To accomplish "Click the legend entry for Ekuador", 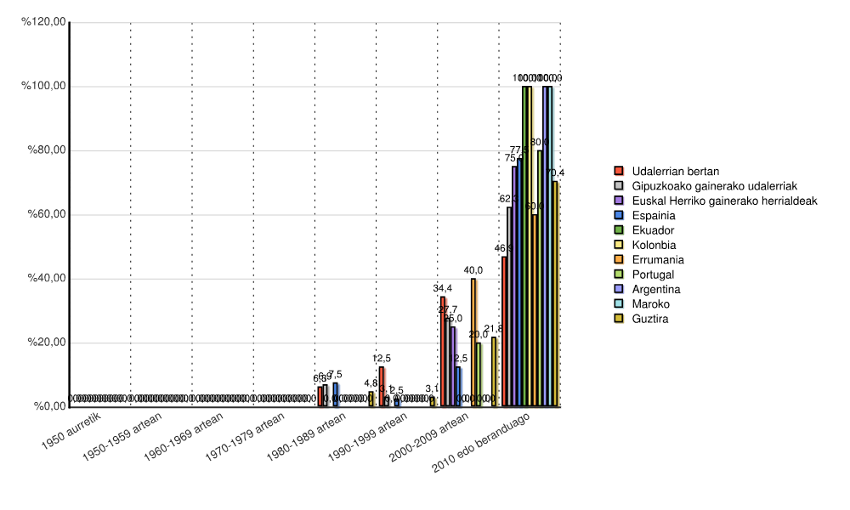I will pos(654,229).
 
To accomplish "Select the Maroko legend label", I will pos(652,304).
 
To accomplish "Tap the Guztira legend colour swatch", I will pos(618,320).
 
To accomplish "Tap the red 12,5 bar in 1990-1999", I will pos(382,387).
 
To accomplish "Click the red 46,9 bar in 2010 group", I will pos(504,331).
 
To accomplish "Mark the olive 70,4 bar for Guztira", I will pos(555,293).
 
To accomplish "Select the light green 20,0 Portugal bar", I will pos(479,374).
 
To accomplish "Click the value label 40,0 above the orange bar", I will pos(473,271).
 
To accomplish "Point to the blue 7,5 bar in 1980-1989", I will pos(336,394).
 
